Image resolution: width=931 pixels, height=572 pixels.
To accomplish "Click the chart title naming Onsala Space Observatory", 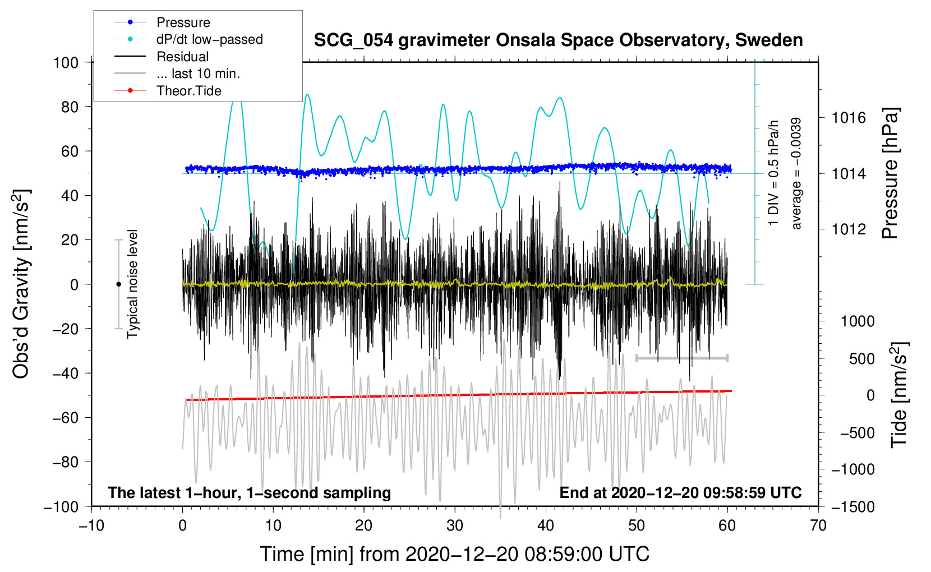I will coord(558,40).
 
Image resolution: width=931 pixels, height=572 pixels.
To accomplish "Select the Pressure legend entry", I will coord(183,22).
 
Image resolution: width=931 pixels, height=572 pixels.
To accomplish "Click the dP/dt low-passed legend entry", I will coord(209,39).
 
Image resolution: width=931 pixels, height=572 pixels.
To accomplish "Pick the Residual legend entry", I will coord(182,57).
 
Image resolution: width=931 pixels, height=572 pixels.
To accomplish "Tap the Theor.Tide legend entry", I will coord(188,91).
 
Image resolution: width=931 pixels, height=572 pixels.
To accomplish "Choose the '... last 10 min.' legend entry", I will coord(198,73).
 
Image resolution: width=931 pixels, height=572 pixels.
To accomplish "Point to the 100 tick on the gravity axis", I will coord(66,62).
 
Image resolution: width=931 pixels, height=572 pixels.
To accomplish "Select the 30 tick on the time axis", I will coord(455,525).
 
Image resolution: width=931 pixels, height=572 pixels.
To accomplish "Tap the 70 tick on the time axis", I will coord(818,525).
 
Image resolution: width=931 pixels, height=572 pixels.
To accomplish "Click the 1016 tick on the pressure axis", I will coord(849,118).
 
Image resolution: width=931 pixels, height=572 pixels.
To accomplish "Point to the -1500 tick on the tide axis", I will coord(853,506).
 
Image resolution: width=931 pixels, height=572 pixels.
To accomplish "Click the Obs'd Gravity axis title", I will coord(21,284).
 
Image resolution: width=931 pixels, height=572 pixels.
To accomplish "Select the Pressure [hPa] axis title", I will coord(891,173).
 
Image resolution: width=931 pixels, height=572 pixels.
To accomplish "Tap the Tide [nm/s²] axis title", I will coord(899,394).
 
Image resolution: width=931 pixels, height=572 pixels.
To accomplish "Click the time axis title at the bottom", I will coord(454,554).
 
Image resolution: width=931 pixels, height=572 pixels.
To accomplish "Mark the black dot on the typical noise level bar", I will coord(118,284).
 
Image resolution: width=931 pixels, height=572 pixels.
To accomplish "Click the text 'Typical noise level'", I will coord(132,284).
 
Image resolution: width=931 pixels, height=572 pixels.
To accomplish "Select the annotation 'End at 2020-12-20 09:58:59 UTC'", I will coord(680,492).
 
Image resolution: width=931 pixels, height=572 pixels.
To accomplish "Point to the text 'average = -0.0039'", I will coord(796,173).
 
